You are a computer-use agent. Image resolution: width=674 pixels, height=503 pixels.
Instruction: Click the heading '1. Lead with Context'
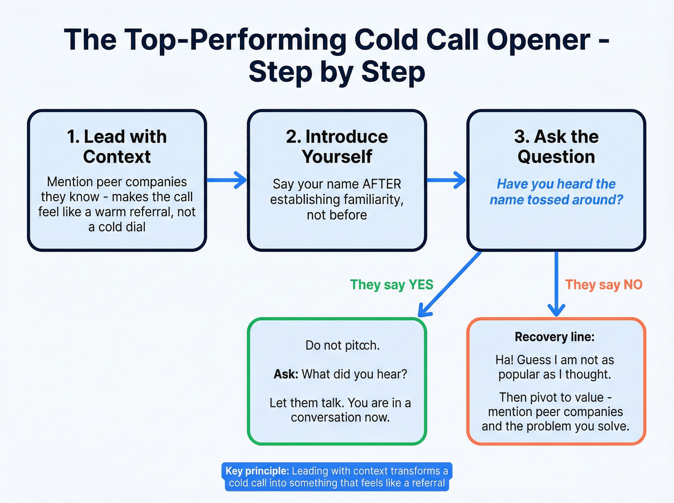[117, 146]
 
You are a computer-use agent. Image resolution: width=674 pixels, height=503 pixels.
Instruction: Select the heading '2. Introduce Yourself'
[337, 146]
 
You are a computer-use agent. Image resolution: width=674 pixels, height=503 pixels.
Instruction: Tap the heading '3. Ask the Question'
[556, 146]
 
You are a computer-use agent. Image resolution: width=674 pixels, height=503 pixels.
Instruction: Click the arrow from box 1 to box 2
[227, 180]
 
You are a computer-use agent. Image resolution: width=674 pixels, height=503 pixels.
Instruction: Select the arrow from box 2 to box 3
[446, 180]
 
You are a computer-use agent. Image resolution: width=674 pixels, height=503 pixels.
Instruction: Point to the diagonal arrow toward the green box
[450, 284]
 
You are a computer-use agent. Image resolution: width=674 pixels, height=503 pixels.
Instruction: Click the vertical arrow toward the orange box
[556, 284]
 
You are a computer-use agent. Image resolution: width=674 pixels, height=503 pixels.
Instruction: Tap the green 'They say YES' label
[391, 284]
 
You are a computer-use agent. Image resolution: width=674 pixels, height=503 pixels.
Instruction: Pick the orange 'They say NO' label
[604, 284]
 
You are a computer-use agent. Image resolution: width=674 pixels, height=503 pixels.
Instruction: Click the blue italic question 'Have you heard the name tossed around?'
[556, 192]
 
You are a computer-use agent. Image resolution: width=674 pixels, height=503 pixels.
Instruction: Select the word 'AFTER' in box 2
[382, 184]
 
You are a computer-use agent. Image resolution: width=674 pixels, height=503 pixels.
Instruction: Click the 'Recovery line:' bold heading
[555, 337]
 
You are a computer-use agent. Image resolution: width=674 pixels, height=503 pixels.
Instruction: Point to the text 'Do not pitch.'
[342, 345]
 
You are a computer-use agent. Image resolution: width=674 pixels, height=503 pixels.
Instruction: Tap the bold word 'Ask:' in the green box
[286, 374]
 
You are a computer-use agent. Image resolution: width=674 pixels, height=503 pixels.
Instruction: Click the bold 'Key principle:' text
[257, 471]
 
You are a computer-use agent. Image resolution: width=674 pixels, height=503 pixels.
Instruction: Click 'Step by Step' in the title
[337, 72]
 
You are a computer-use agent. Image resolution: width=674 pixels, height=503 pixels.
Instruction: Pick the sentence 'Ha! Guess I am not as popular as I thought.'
[555, 367]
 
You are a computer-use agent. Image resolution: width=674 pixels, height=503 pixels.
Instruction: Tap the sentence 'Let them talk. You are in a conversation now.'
[340, 410]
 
